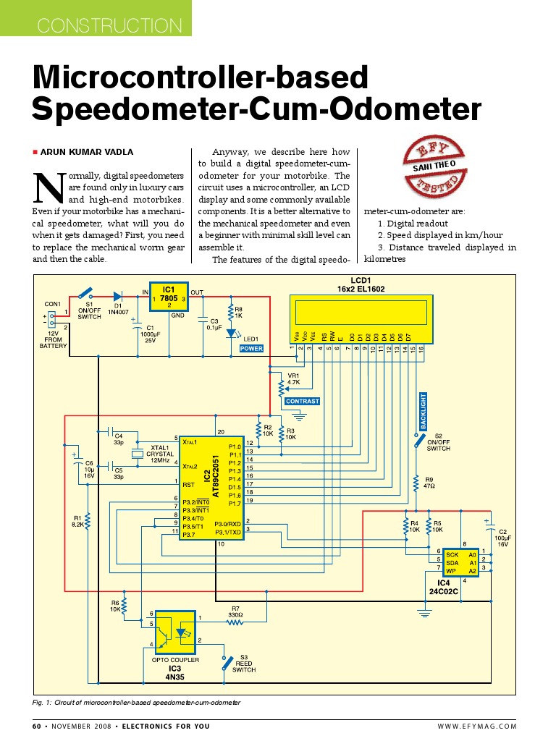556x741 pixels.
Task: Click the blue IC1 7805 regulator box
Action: (169, 297)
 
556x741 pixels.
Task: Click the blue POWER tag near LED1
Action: (252, 348)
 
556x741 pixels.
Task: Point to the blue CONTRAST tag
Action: (302, 401)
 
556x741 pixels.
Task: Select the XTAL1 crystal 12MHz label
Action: (159, 454)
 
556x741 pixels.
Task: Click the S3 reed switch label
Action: (244, 664)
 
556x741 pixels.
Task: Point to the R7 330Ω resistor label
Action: (235, 611)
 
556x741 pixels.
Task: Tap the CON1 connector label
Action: (52, 303)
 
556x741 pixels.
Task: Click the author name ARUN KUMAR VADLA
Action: (86, 152)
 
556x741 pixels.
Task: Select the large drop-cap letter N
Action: (47, 187)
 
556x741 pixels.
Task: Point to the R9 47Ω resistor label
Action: (429, 483)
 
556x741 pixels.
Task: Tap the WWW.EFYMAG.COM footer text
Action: (477, 726)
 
